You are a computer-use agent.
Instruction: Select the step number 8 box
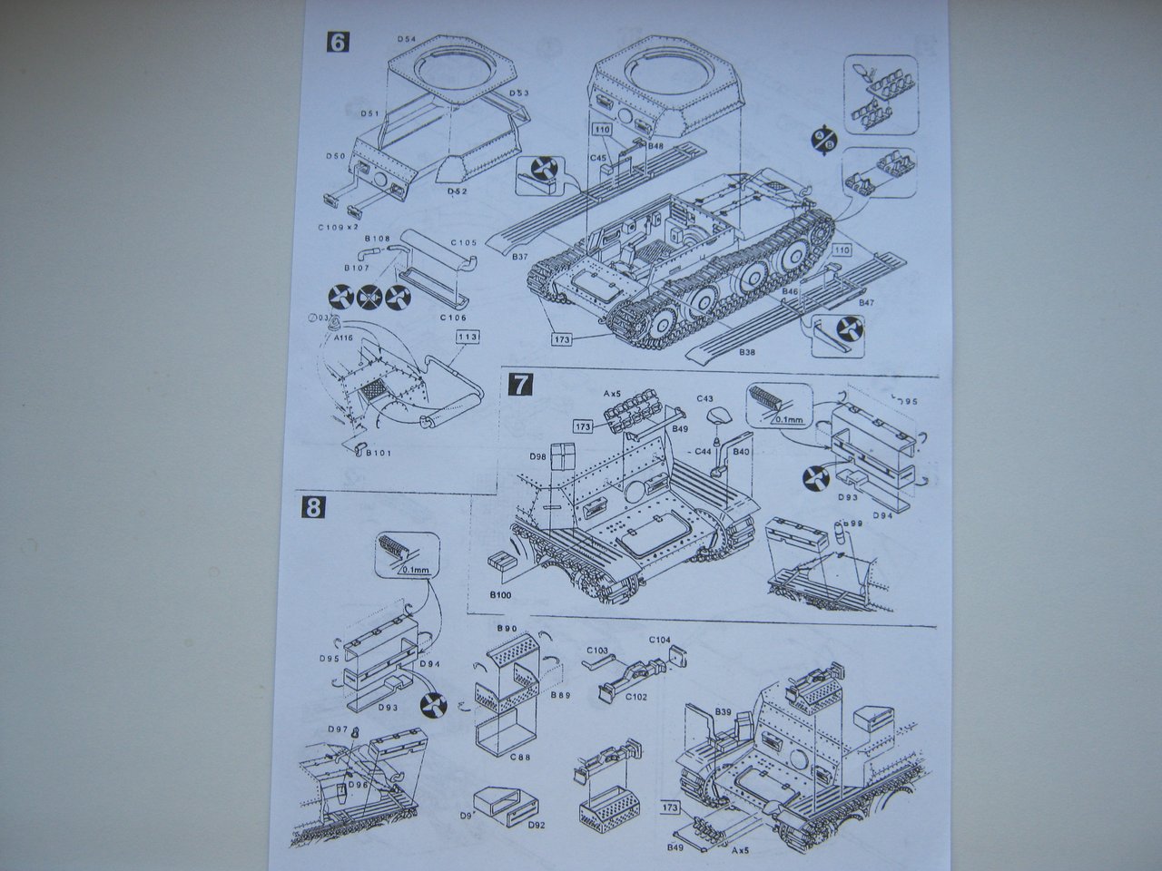(x=313, y=507)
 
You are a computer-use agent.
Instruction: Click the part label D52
(x=457, y=193)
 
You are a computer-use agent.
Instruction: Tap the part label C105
(x=465, y=243)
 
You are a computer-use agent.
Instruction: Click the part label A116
(x=342, y=338)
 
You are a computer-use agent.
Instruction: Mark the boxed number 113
(x=468, y=337)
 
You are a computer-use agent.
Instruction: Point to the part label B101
(x=379, y=452)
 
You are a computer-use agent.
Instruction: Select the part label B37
(x=520, y=258)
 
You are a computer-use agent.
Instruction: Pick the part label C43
(x=706, y=398)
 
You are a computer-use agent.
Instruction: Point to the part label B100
(x=501, y=594)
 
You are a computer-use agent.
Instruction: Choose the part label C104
(x=659, y=640)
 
